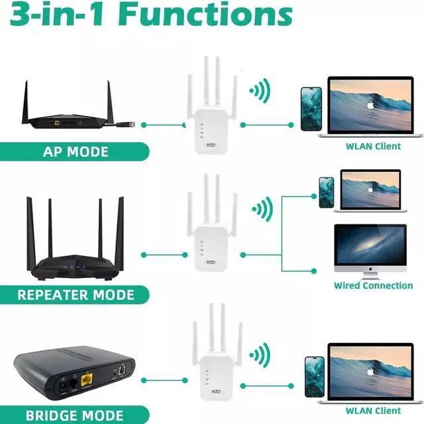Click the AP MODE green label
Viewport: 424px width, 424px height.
pos(75,151)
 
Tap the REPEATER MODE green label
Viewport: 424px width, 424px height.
pos(75,294)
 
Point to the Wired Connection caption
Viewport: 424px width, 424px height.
pos(373,285)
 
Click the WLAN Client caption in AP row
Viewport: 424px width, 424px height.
pos(373,146)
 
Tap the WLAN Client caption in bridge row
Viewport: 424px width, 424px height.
pos(373,411)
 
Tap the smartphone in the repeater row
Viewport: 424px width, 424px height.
pos(326,192)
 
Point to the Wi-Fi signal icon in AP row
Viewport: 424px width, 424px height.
pos(260,91)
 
